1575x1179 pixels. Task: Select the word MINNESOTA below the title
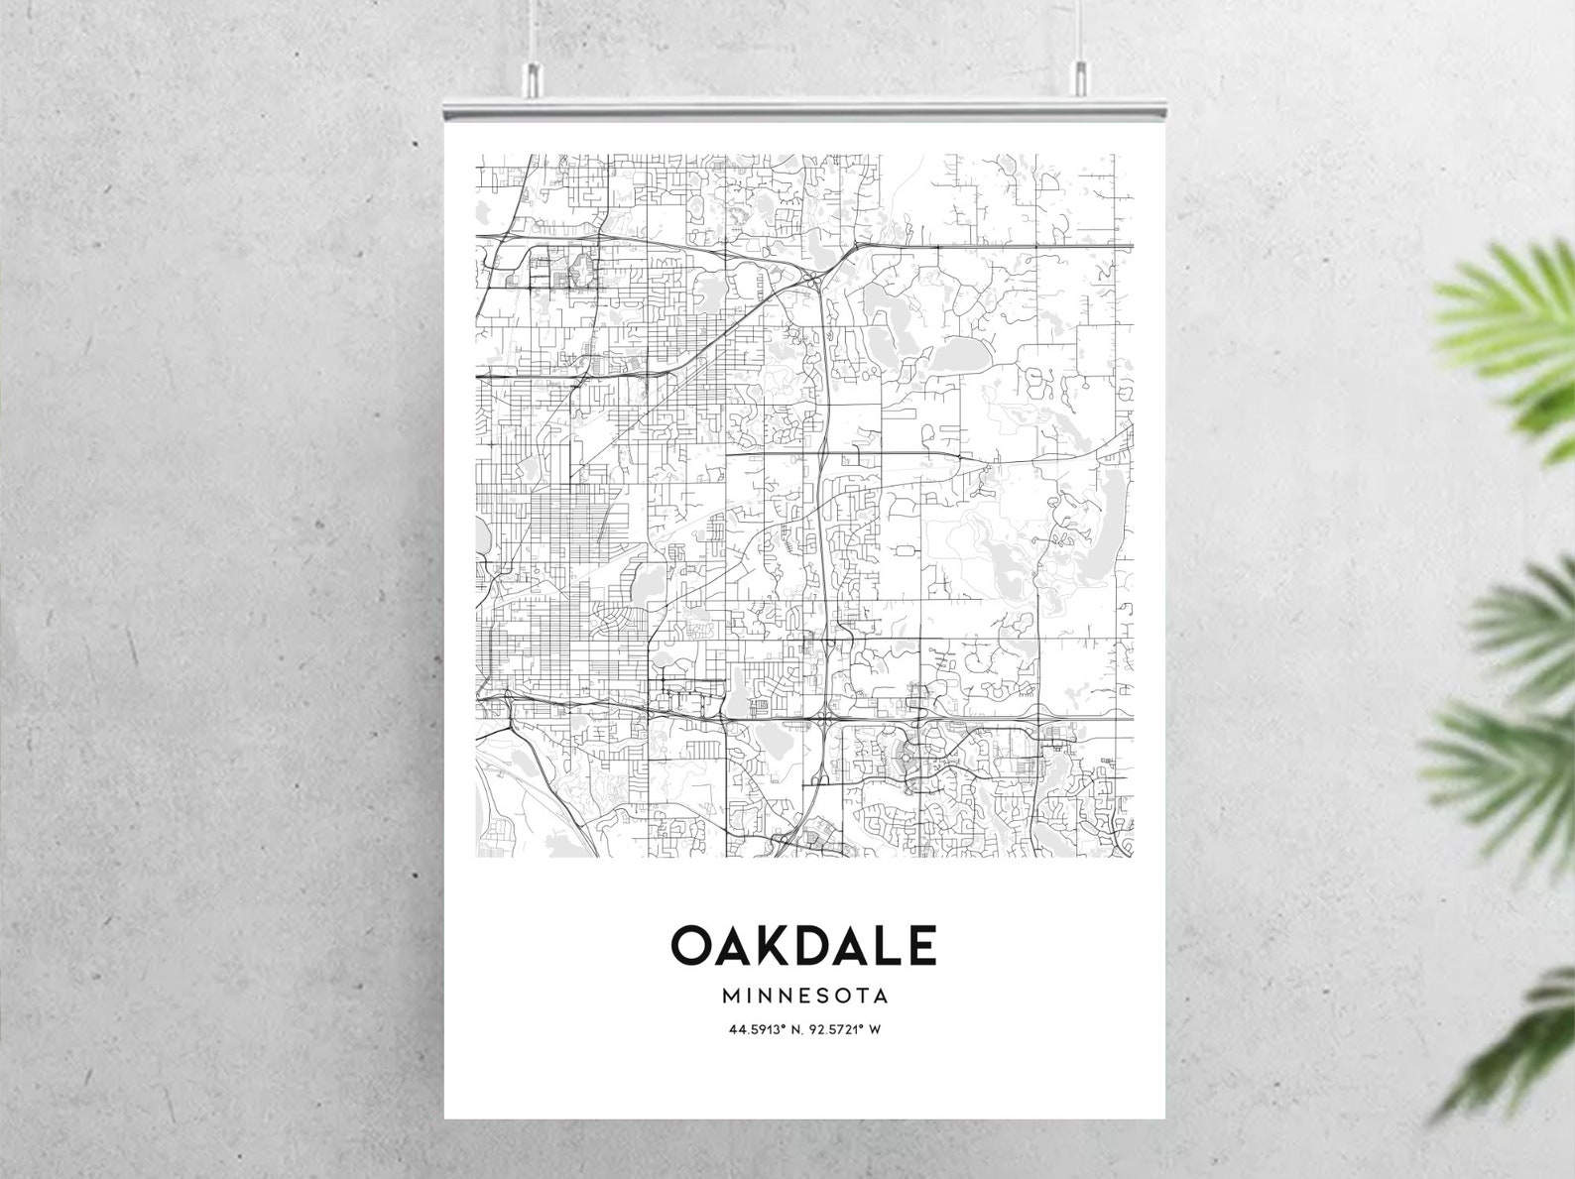pyautogui.click(x=804, y=995)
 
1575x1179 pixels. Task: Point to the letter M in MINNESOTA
pyautogui.click(x=733, y=995)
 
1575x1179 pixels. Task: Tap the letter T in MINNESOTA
pyautogui.click(x=860, y=995)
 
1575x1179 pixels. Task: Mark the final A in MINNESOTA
pyautogui.click(x=879, y=995)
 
